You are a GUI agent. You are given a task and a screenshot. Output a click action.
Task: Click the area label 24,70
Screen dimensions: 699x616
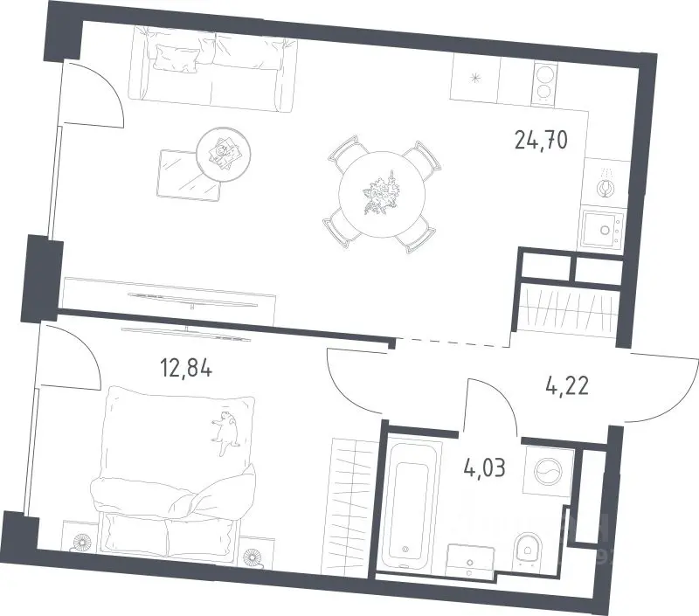[x=541, y=140]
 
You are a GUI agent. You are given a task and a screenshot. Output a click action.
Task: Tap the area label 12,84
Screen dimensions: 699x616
[x=186, y=369]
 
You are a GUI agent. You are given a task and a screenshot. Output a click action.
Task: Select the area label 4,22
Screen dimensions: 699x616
[x=567, y=385]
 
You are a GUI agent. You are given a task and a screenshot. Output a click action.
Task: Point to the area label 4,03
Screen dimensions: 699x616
[x=484, y=468]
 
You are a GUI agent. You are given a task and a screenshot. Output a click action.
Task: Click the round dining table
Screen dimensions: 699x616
[x=382, y=194]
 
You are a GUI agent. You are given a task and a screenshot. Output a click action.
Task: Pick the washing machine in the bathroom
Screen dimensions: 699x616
[x=549, y=471]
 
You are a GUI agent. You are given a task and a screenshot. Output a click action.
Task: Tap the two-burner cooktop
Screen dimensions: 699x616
[x=544, y=82]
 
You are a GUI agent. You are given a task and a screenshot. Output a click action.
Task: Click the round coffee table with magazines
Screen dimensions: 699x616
[x=224, y=154]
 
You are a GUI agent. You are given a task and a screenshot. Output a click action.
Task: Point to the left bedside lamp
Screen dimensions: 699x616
[x=81, y=542]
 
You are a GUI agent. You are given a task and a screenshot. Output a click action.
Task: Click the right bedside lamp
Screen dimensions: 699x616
[x=251, y=557]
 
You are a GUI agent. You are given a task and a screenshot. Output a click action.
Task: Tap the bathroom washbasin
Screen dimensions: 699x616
[x=470, y=561]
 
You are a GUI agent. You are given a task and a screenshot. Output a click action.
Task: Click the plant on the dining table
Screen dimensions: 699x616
[x=381, y=193]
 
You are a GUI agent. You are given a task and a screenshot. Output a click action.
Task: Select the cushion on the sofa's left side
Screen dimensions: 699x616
[x=176, y=58]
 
